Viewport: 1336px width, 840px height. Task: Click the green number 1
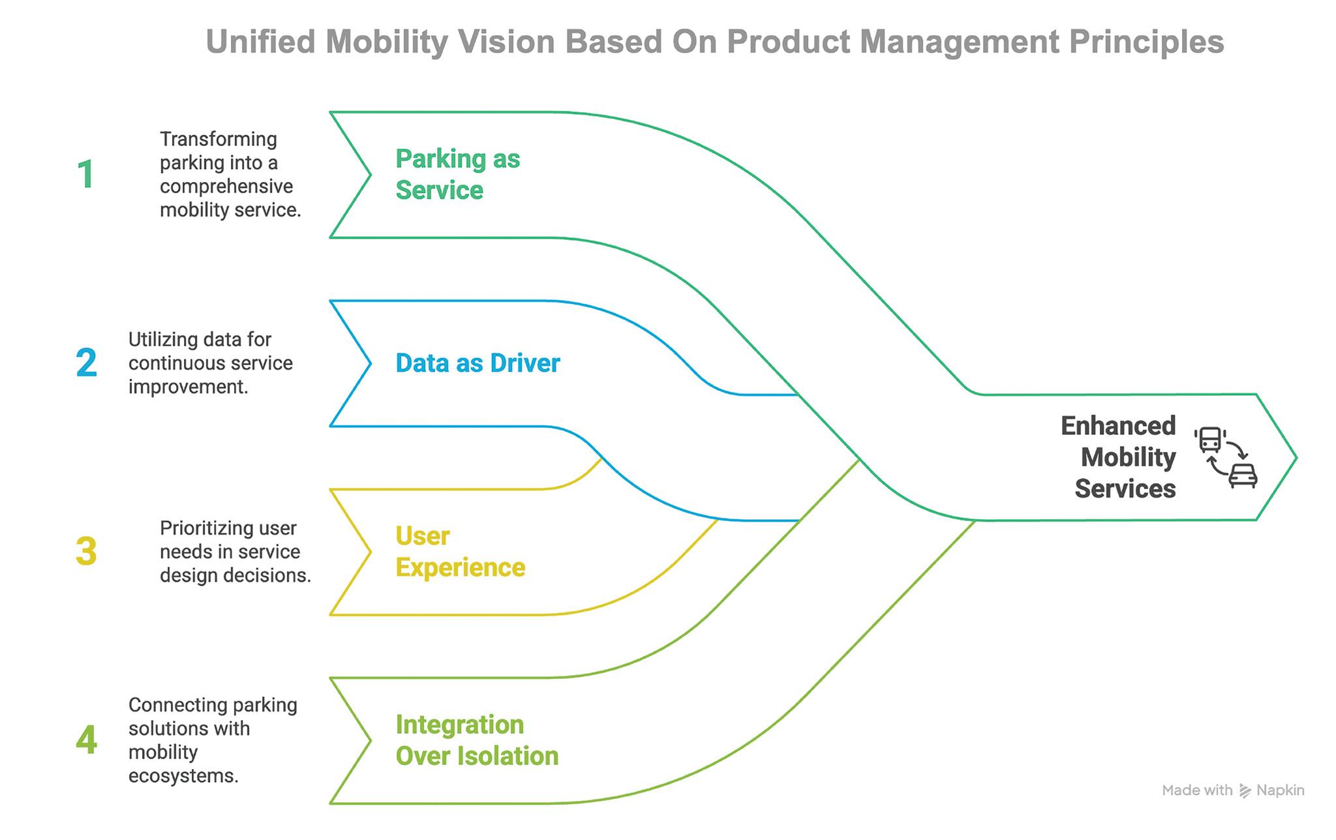pos(85,175)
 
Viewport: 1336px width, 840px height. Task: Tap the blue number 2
pos(86,363)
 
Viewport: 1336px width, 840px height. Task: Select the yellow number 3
pos(86,551)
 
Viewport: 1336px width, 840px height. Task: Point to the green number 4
pos(86,740)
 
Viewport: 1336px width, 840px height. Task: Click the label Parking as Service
pos(457,174)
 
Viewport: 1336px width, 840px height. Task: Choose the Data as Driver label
pos(478,363)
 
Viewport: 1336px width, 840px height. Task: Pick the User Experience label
pos(460,552)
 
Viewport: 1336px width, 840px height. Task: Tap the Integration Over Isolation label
pos(477,740)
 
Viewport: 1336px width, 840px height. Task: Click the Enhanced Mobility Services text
pos(1118,457)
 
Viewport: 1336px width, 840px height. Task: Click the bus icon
pos(1210,440)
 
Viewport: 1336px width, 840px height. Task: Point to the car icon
pos(1243,476)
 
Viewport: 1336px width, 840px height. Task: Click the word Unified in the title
pos(261,42)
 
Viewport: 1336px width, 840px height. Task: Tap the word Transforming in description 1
pos(219,139)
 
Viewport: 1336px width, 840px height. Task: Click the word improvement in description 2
pos(188,387)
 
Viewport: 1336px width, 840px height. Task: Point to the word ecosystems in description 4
pos(183,776)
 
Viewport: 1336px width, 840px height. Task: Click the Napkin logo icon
pos(1245,791)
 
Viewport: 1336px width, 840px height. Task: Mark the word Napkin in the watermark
pos(1281,791)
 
